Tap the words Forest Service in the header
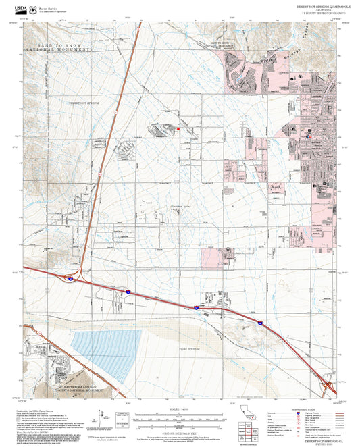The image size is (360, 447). point(51,5)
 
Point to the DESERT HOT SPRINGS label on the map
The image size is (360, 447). point(84,103)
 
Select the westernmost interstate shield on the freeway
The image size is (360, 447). point(69,278)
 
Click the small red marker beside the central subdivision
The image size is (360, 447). point(178,127)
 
